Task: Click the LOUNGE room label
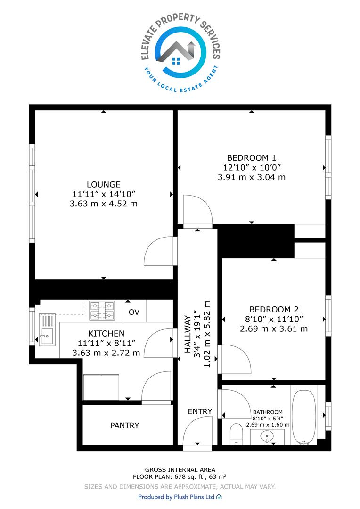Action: tap(104, 184)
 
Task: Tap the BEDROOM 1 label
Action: tap(251, 158)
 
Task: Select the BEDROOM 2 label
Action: tap(274, 309)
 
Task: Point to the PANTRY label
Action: tap(125, 425)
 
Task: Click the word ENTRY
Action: tap(200, 411)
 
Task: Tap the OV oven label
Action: tap(134, 312)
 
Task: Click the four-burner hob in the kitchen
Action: tap(102, 311)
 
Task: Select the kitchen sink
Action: tap(47, 330)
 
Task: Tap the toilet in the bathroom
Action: tap(237, 434)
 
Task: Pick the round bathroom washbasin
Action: tap(267, 436)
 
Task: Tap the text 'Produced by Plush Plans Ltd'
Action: tap(176, 497)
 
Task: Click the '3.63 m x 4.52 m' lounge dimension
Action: tap(104, 204)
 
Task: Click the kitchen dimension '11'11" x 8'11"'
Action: tap(106, 343)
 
